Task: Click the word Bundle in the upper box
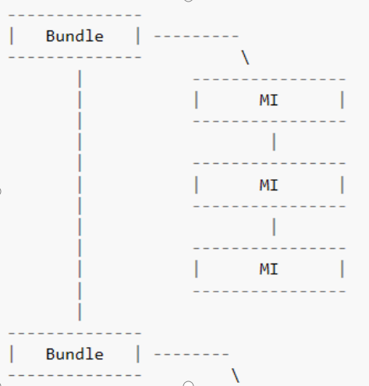tap(74, 36)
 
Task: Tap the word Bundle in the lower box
tap(74, 354)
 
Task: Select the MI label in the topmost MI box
tap(268, 100)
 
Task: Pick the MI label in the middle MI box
tap(268, 185)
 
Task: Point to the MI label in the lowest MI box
tap(268, 269)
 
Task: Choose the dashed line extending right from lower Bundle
tap(192, 354)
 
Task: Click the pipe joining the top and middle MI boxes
tap(275, 142)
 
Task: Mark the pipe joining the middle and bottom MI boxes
tap(275, 227)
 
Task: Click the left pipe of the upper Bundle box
tap(12, 36)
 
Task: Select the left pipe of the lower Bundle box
tap(12, 354)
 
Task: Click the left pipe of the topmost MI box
tap(197, 100)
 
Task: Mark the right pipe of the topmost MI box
tap(342, 100)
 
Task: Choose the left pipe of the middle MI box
tap(197, 185)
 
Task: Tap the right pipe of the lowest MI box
tap(342, 269)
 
